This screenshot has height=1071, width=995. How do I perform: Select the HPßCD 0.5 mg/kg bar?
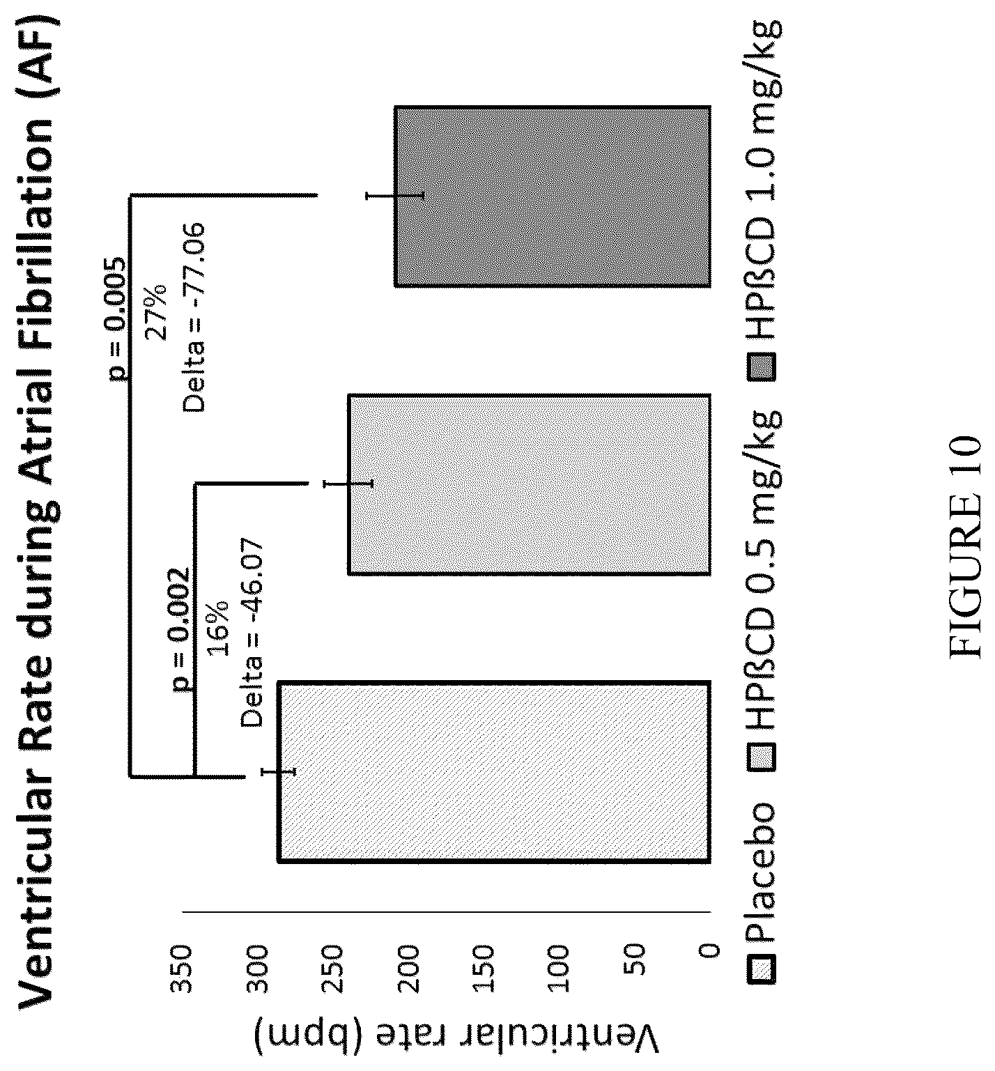coord(529,485)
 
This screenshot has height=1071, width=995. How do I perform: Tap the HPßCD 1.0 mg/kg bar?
coord(553,197)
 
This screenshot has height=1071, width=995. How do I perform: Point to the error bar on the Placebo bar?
coord(278,771)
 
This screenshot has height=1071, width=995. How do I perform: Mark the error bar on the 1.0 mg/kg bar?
coord(394,197)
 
